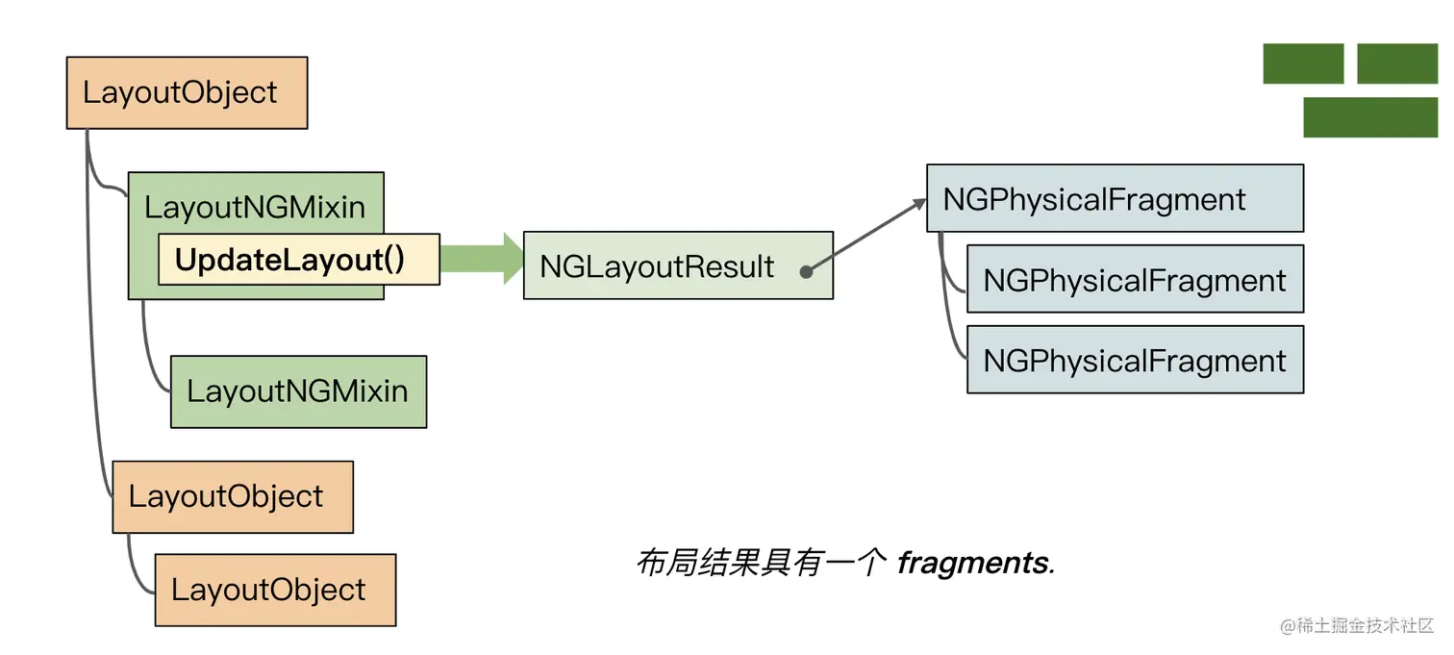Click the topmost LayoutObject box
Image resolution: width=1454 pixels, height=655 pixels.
[x=187, y=92]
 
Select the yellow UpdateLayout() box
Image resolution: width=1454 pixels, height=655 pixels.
[x=298, y=260]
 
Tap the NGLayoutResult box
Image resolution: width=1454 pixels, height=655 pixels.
[x=678, y=265]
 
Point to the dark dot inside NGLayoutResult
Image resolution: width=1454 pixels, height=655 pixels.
[x=806, y=272]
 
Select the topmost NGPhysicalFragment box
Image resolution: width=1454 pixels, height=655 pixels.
[x=1115, y=198]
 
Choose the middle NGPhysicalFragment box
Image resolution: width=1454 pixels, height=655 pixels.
[x=1135, y=279]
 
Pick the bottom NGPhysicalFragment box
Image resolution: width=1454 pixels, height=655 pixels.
[x=1135, y=360]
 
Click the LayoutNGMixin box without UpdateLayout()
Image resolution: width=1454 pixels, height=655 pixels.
[x=298, y=391]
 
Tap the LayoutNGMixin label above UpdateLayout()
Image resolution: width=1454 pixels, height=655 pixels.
[x=255, y=207]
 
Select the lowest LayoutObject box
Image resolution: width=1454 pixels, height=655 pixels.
[x=275, y=590]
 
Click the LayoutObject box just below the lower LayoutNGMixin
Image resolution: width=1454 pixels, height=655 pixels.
[x=233, y=497]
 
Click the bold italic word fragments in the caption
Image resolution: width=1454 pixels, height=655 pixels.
[x=975, y=563]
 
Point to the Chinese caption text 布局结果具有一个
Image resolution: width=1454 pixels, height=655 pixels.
[x=760, y=563]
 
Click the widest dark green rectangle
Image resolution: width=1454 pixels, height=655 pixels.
[x=1370, y=117]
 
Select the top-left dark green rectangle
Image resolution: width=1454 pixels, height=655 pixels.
[x=1303, y=63]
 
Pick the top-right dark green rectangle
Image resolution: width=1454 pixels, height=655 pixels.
[x=1397, y=63]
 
